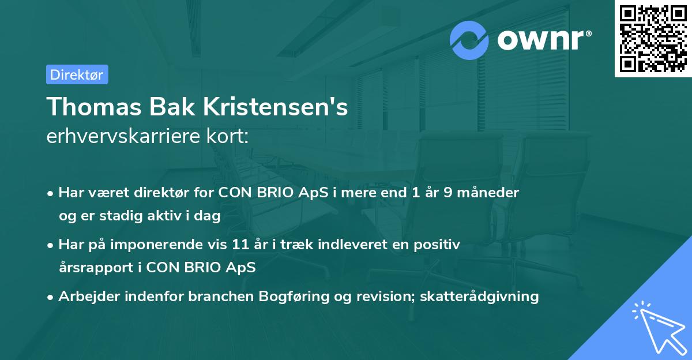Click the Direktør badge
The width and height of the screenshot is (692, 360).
[77, 74]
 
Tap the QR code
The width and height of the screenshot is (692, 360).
[653, 38]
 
